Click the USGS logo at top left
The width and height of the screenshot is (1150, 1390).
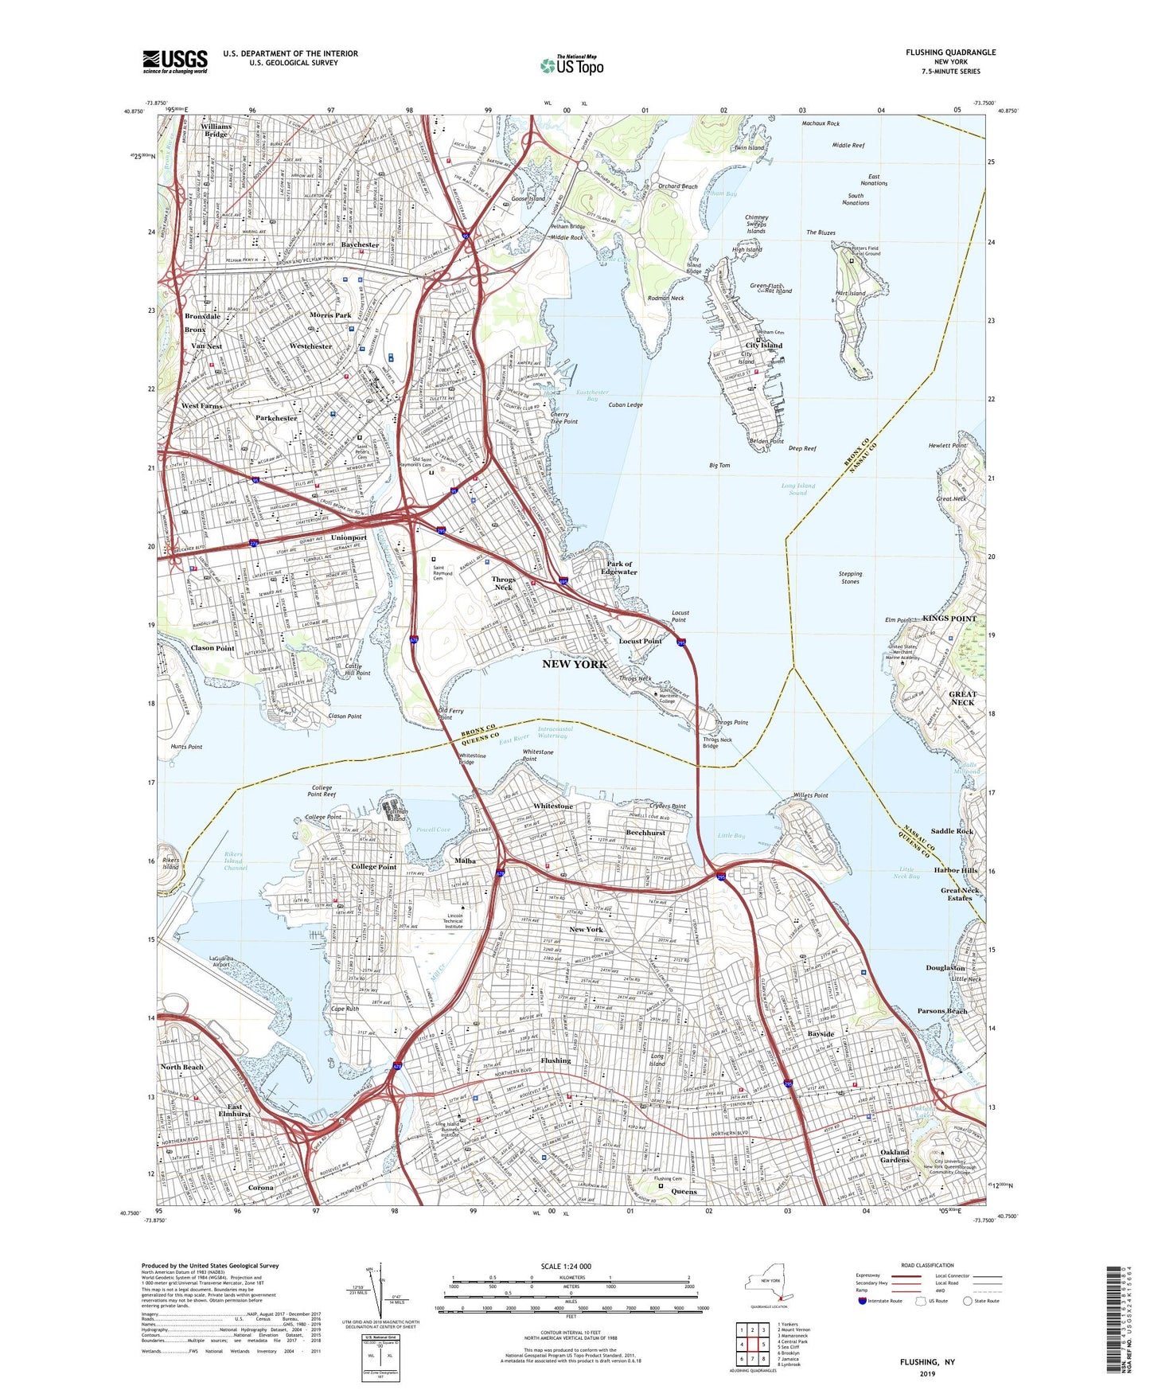(x=175, y=61)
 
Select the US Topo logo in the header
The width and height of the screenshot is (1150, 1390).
(x=571, y=65)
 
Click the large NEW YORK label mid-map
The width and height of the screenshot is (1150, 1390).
(x=575, y=664)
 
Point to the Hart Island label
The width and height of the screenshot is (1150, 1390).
(x=851, y=293)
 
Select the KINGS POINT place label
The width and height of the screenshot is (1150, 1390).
(x=949, y=619)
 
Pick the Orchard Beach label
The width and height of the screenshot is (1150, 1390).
(x=677, y=186)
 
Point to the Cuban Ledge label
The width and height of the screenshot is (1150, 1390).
(x=626, y=405)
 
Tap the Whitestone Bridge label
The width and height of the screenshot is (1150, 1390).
(x=472, y=759)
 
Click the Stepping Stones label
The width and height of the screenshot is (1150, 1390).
(x=850, y=577)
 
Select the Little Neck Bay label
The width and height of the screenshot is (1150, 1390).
(x=909, y=873)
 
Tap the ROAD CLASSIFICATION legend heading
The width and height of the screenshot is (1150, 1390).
(x=927, y=1265)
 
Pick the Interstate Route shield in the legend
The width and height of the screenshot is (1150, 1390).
(x=863, y=1301)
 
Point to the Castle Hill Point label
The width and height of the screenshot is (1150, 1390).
(x=357, y=670)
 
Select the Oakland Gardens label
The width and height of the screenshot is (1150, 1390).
(x=895, y=1156)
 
